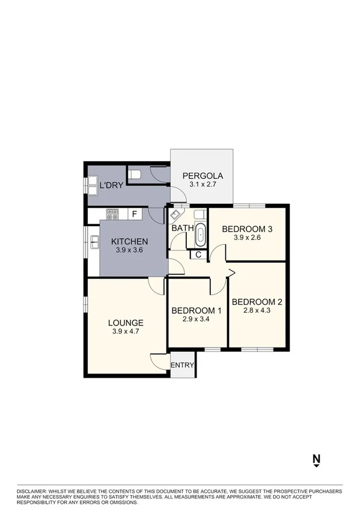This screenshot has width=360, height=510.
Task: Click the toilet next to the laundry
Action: [x=135, y=175]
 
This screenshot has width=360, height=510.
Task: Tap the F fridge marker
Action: [x=135, y=213]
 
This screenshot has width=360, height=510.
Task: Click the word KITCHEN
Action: [x=130, y=242]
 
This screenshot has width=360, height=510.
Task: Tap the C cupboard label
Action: [x=198, y=255]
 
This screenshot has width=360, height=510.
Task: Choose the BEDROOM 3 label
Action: [x=248, y=229]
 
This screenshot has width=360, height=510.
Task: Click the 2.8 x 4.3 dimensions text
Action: [x=257, y=311]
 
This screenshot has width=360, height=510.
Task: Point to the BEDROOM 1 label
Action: [x=197, y=311]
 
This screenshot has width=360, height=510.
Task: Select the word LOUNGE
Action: [x=127, y=322]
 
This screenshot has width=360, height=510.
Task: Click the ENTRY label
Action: [x=183, y=366]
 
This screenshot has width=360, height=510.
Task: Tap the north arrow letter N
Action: [x=316, y=459]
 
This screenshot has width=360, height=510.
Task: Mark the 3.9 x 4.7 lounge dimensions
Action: [x=127, y=331]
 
